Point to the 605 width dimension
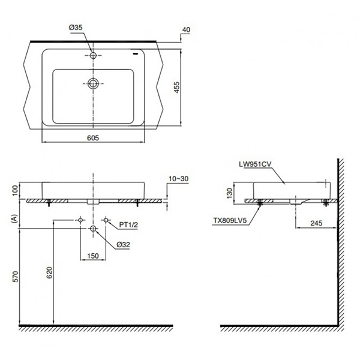92,138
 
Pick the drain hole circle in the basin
93,83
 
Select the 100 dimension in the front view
13,190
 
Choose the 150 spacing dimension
93,256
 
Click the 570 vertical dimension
13,277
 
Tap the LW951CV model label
256,162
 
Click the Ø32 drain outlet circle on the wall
93,229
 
